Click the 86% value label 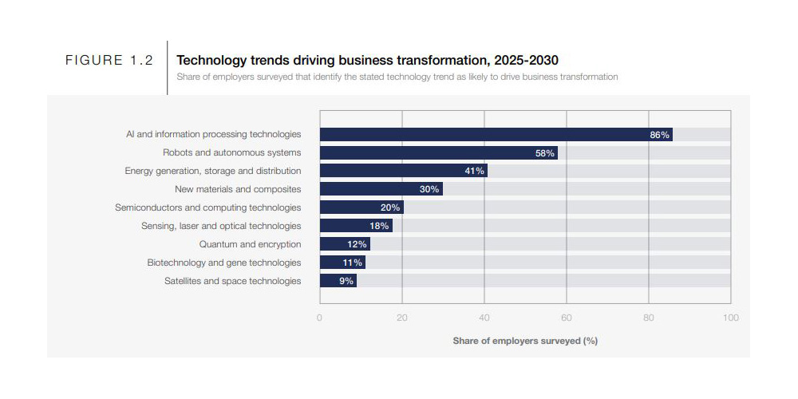coord(659,135)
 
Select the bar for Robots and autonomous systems coord(438,152)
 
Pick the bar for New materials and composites coord(381,189)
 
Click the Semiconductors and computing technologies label coord(208,207)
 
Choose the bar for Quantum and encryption coord(345,244)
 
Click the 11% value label coord(353,263)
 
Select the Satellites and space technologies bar coord(338,281)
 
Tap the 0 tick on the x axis coord(320,318)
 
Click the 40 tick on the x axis coord(484,318)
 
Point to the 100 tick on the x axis coord(730,318)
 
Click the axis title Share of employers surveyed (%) coord(525,341)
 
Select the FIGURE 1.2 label coord(109,61)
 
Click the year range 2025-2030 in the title coord(529,60)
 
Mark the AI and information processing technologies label coord(214,134)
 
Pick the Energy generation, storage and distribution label coord(213,171)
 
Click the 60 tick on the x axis coord(567,318)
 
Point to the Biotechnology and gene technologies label coord(224,263)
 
